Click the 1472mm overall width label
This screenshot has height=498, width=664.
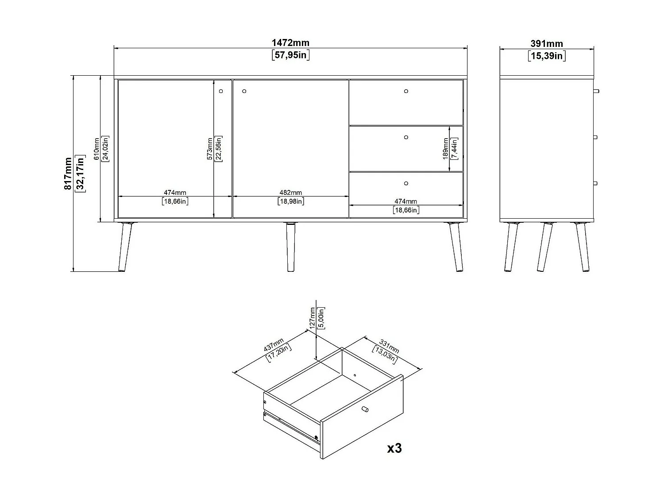click(x=290, y=43)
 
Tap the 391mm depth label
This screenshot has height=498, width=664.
click(x=547, y=44)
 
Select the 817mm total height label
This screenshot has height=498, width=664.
click(x=68, y=173)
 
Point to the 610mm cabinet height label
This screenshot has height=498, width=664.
click(x=97, y=149)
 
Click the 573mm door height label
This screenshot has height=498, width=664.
click(x=210, y=149)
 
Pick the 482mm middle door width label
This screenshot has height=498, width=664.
click(x=290, y=193)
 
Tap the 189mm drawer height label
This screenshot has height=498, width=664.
click(x=445, y=149)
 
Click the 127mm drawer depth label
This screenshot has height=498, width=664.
click(x=312, y=317)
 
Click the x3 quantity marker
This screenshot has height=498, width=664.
click(x=394, y=448)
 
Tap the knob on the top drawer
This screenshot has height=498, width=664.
click(x=406, y=92)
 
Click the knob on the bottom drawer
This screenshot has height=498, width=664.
click(x=406, y=183)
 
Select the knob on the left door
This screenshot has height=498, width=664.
click(x=221, y=92)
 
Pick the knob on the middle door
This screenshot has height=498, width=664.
click(x=244, y=92)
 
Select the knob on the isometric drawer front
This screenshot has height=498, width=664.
click(x=365, y=409)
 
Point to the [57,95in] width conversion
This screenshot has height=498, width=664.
click(x=290, y=55)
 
